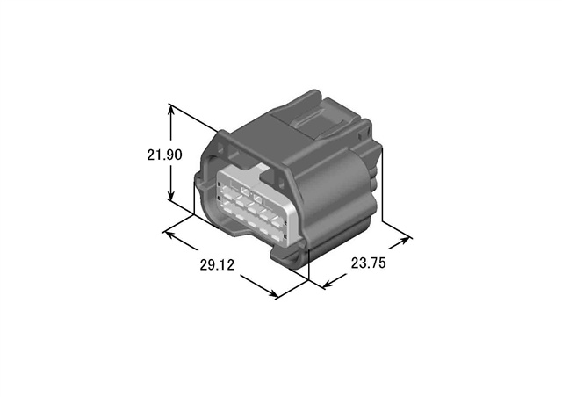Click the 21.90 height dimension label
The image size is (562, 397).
coord(164,155)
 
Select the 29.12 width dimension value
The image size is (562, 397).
coord(217,265)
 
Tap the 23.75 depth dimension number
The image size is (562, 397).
coord(368,263)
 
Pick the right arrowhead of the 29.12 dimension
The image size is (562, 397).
coord(271,293)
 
